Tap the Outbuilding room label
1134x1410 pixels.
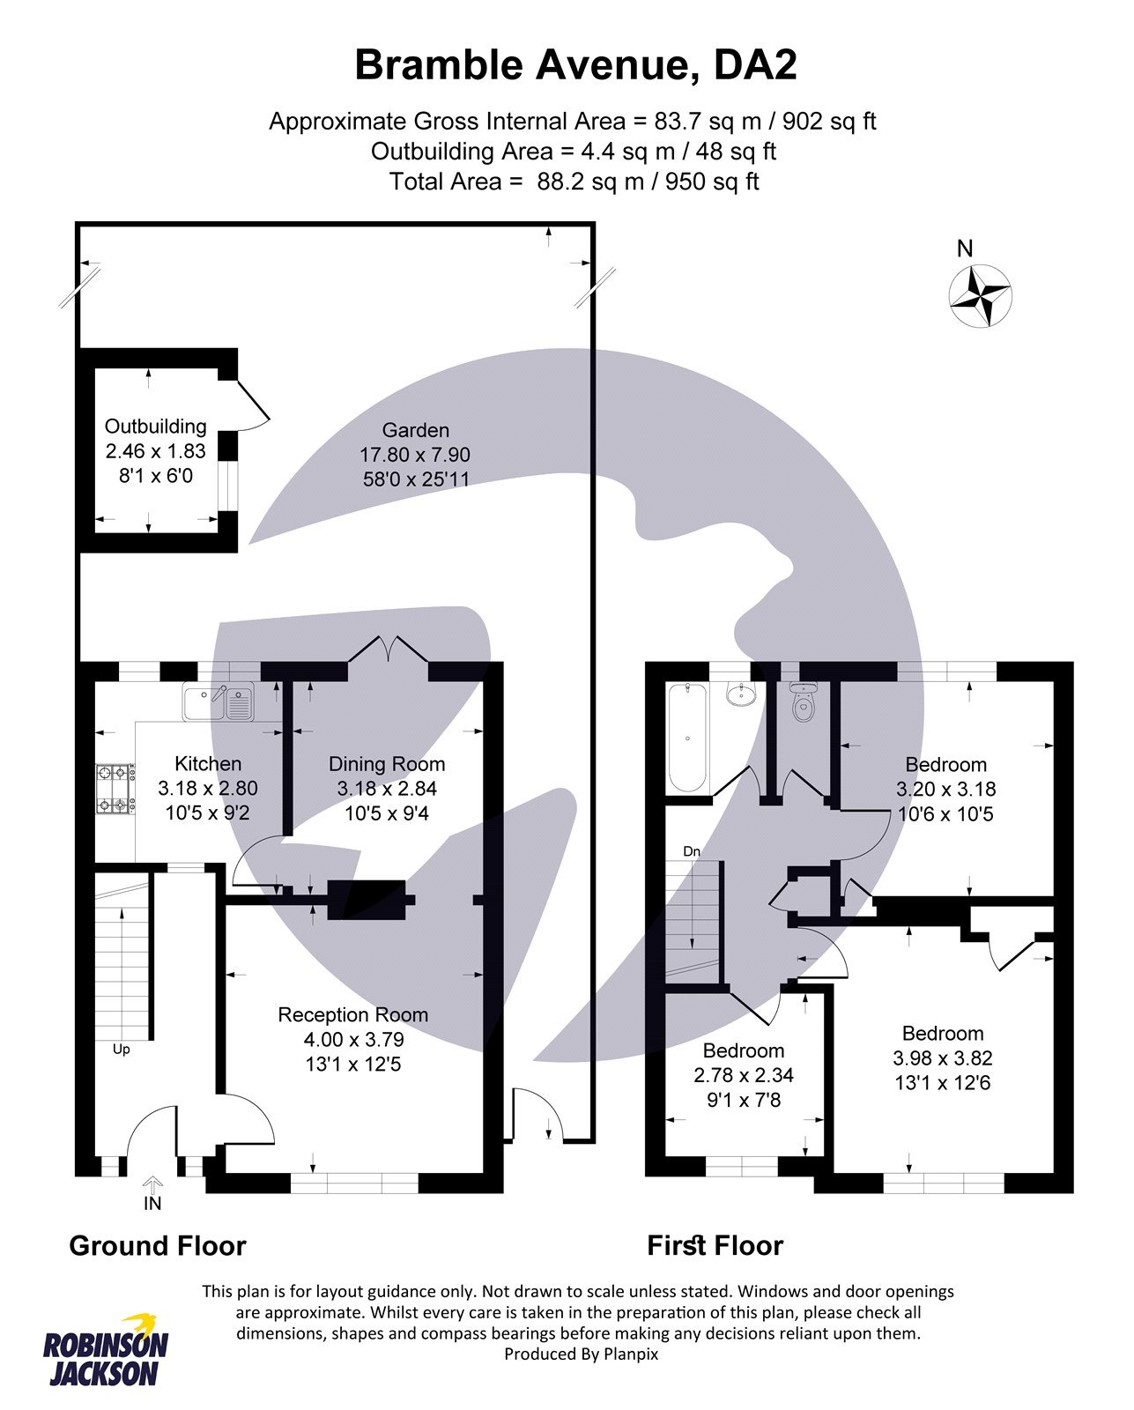[x=155, y=427]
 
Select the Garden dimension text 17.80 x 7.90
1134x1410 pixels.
[x=414, y=455]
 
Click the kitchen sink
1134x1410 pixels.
[x=219, y=701]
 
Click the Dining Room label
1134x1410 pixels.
[x=387, y=764]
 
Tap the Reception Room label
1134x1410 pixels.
[x=352, y=1014]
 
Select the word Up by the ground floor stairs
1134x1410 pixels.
[x=122, y=1050]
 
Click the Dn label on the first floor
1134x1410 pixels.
[x=692, y=851]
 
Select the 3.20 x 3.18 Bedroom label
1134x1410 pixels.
[x=945, y=764]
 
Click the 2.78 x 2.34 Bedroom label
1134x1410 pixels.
[x=743, y=1050]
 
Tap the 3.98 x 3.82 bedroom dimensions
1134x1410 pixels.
[x=942, y=1057]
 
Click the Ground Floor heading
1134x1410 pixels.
[x=158, y=1245]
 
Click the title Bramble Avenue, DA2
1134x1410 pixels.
[x=575, y=65]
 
